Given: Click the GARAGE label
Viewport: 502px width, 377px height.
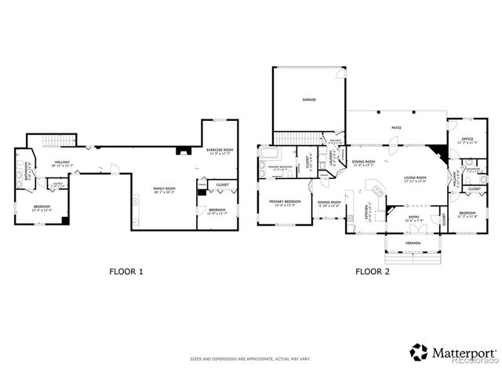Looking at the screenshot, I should point(309,100).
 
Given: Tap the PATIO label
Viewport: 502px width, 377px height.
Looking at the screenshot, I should point(396,126).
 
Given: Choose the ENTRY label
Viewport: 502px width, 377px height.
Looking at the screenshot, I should point(413,218).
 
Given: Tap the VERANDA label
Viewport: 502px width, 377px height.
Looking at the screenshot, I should point(413,243).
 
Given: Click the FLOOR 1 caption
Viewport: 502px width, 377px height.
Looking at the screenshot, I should point(125,272).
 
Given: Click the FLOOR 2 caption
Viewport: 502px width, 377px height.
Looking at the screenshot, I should point(373,272).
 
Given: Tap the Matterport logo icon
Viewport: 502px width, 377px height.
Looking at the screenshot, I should point(420,351).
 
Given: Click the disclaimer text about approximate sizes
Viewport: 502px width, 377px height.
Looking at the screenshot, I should point(250,359).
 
